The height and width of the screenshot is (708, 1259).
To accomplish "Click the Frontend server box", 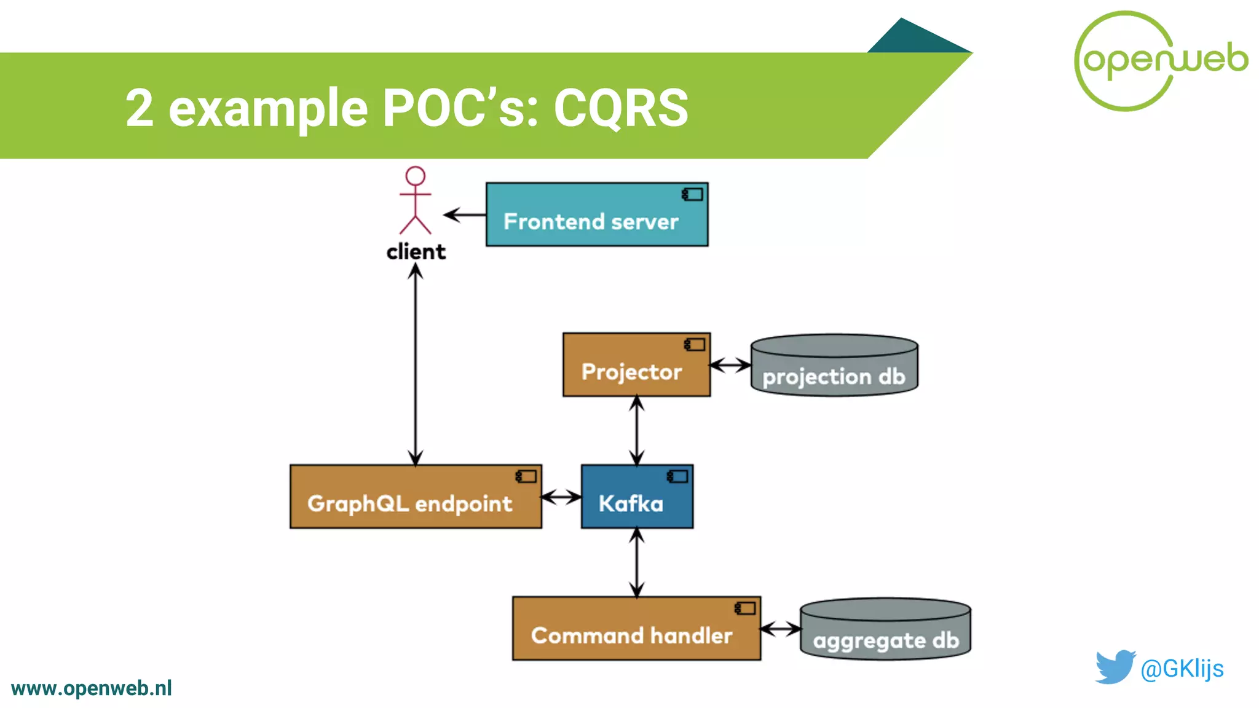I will [x=596, y=214].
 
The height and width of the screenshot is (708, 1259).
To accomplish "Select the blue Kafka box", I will [x=637, y=497].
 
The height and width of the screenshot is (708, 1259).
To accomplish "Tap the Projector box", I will [x=636, y=365].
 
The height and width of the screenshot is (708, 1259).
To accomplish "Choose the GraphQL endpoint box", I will [x=416, y=497].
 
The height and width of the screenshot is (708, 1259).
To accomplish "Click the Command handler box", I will [x=636, y=628].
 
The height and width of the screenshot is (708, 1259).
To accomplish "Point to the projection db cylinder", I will [x=834, y=367].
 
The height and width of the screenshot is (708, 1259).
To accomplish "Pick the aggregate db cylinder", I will [x=885, y=630].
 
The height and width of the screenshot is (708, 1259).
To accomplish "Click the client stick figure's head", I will [x=416, y=176].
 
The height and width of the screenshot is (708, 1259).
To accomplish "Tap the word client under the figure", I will [x=416, y=252].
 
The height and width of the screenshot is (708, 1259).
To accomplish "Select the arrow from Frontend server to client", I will [x=465, y=214].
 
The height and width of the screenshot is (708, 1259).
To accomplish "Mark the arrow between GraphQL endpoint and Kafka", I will [x=561, y=497].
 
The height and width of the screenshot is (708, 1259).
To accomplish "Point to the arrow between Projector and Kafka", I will [x=637, y=430].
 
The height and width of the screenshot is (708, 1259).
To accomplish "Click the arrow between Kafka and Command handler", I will [x=637, y=562].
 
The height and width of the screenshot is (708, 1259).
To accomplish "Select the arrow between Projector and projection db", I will [x=730, y=365].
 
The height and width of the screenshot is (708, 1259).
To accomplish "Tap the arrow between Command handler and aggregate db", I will [x=780, y=629].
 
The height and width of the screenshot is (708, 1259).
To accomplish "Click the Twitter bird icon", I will [x=1115, y=667].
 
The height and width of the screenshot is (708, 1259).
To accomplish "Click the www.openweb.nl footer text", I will [x=92, y=688].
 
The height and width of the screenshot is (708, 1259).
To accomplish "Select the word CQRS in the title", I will [x=621, y=108].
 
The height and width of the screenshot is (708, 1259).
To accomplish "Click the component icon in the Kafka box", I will [x=677, y=476].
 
